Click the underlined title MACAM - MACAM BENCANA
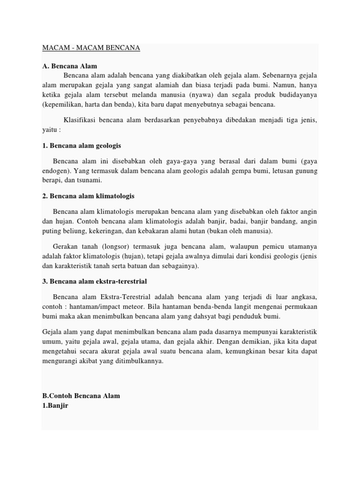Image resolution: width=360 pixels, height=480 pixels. [91, 48]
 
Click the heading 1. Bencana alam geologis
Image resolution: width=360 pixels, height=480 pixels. [82, 146]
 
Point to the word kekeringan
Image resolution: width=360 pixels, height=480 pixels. [103, 231]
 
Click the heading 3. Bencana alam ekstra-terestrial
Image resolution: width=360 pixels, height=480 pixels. [95, 281]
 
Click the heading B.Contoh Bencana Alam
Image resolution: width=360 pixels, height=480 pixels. [81, 396]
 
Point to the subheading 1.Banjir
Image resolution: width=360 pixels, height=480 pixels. [55, 405]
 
